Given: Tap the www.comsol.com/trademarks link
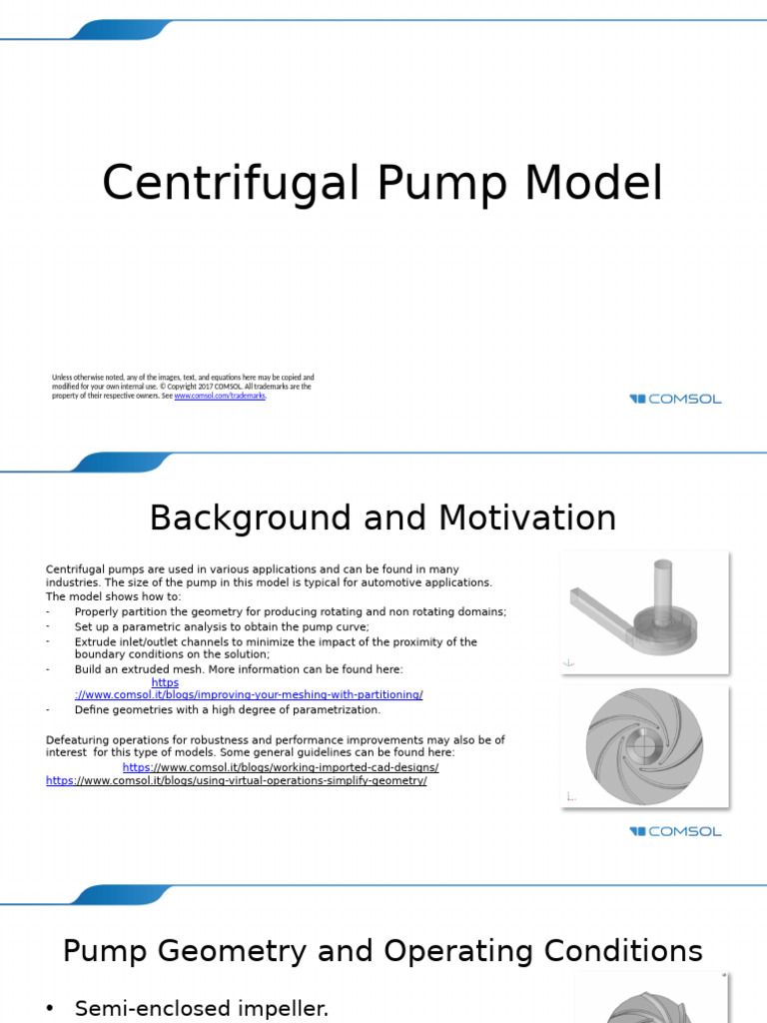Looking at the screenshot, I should pyautogui.click(x=220, y=396).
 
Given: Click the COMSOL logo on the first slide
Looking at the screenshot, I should pyautogui.click(x=675, y=399).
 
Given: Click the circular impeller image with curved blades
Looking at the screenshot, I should pyautogui.click(x=644, y=745).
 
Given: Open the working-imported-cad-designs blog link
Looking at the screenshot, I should pyautogui.click(x=281, y=767).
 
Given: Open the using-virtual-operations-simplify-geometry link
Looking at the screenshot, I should pyautogui.click(x=237, y=780).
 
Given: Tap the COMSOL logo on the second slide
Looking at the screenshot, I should pyautogui.click(x=675, y=831).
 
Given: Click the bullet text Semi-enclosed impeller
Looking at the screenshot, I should pyautogui.click(x=202, y=1009).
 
